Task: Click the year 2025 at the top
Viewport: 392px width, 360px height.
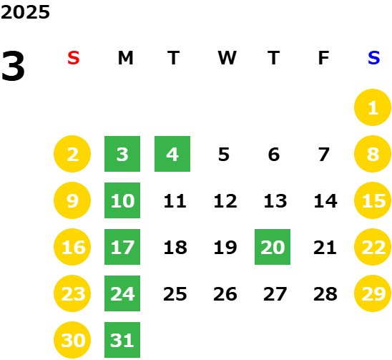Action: point(25,12)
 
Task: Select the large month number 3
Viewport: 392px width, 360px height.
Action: point(13,66)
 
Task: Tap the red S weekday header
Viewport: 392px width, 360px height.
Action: point(74,58)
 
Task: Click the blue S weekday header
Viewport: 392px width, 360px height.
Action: point(373,58)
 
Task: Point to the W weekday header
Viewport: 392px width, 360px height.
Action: point(227,58)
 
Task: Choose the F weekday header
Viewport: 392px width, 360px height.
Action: point(323,58)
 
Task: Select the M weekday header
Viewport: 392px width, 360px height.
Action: point(125,58)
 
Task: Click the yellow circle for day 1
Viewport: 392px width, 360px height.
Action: point(373,107)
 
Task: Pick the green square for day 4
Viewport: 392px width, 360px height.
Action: point(172,154)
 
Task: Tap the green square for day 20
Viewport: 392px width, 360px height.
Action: point(273,247)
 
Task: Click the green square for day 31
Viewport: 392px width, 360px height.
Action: point(122,340)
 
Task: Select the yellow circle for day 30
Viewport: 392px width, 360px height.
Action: point(72,340)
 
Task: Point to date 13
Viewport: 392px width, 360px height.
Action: point(275,201)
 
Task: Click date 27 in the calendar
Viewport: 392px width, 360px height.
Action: point(275,294)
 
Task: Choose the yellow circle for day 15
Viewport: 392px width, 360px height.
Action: point(373,200)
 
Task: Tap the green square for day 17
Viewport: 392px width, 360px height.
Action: point(122,247)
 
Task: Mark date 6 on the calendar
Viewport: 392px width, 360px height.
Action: point(274,155)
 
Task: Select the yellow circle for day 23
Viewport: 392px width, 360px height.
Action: point(72,293)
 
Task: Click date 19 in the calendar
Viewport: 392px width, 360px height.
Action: point(225,248)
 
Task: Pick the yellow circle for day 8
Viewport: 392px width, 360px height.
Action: point(373,154)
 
